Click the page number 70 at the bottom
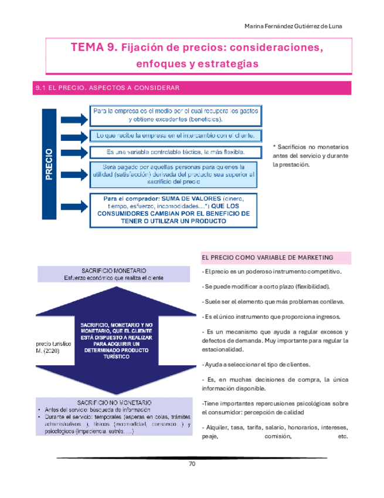192,464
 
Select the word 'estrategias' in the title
227,63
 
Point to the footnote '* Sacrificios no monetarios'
310,156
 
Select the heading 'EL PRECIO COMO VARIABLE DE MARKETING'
267,257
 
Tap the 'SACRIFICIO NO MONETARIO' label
114,402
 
